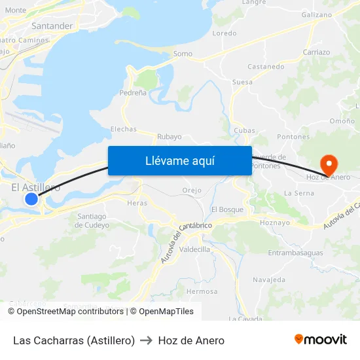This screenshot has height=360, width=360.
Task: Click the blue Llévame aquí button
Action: pos(179,161)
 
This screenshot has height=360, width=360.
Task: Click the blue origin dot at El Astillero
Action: pos(31,198)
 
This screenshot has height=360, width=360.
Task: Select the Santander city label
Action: pos(52,26)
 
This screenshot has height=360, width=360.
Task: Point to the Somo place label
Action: pos(183,54)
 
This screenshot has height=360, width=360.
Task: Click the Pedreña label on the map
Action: pos(133,94)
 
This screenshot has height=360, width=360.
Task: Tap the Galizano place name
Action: pos(317,14)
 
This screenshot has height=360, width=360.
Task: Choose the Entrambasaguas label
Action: pos(295,253)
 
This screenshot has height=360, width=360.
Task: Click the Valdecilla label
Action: pos(194,249)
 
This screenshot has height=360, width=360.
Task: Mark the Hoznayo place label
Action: pos(275,223)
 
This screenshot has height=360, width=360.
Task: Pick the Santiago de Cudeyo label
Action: pos(92,221)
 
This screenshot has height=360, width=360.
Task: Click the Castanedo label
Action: pos(266,67)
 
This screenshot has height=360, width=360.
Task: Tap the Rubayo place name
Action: pos(169,137)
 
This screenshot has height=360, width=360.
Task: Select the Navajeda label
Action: pos(269,280)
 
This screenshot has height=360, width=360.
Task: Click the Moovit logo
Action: pos(321,340)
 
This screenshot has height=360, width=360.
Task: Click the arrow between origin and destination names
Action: pos(147,340)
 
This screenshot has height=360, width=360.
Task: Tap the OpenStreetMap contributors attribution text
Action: pos(70,312)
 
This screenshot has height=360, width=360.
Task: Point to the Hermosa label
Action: pos(202,291)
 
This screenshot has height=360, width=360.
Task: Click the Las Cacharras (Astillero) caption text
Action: pos(74,340)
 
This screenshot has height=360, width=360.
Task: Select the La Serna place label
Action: pos(299,194)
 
